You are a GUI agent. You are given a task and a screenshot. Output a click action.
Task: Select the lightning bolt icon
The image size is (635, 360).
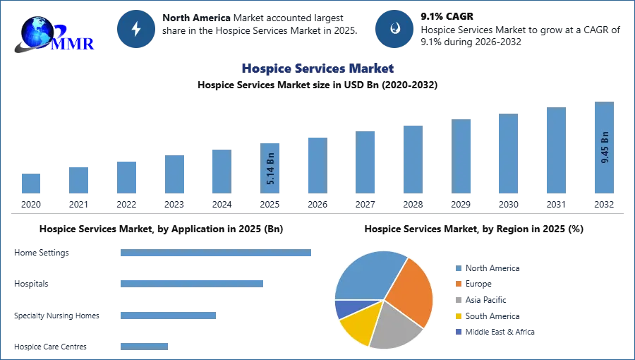[136, 29]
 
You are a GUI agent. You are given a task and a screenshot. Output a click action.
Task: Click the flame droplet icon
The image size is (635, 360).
[394, 29]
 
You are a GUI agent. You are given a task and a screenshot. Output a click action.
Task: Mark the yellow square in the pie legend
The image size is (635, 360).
[457, 316]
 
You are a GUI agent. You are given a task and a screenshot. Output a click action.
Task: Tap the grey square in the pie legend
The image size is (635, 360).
[457, 300]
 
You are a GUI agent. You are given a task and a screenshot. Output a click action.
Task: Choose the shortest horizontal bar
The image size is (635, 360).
[144, 345]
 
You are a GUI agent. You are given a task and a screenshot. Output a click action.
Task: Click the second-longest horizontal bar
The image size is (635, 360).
[192, 283]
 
